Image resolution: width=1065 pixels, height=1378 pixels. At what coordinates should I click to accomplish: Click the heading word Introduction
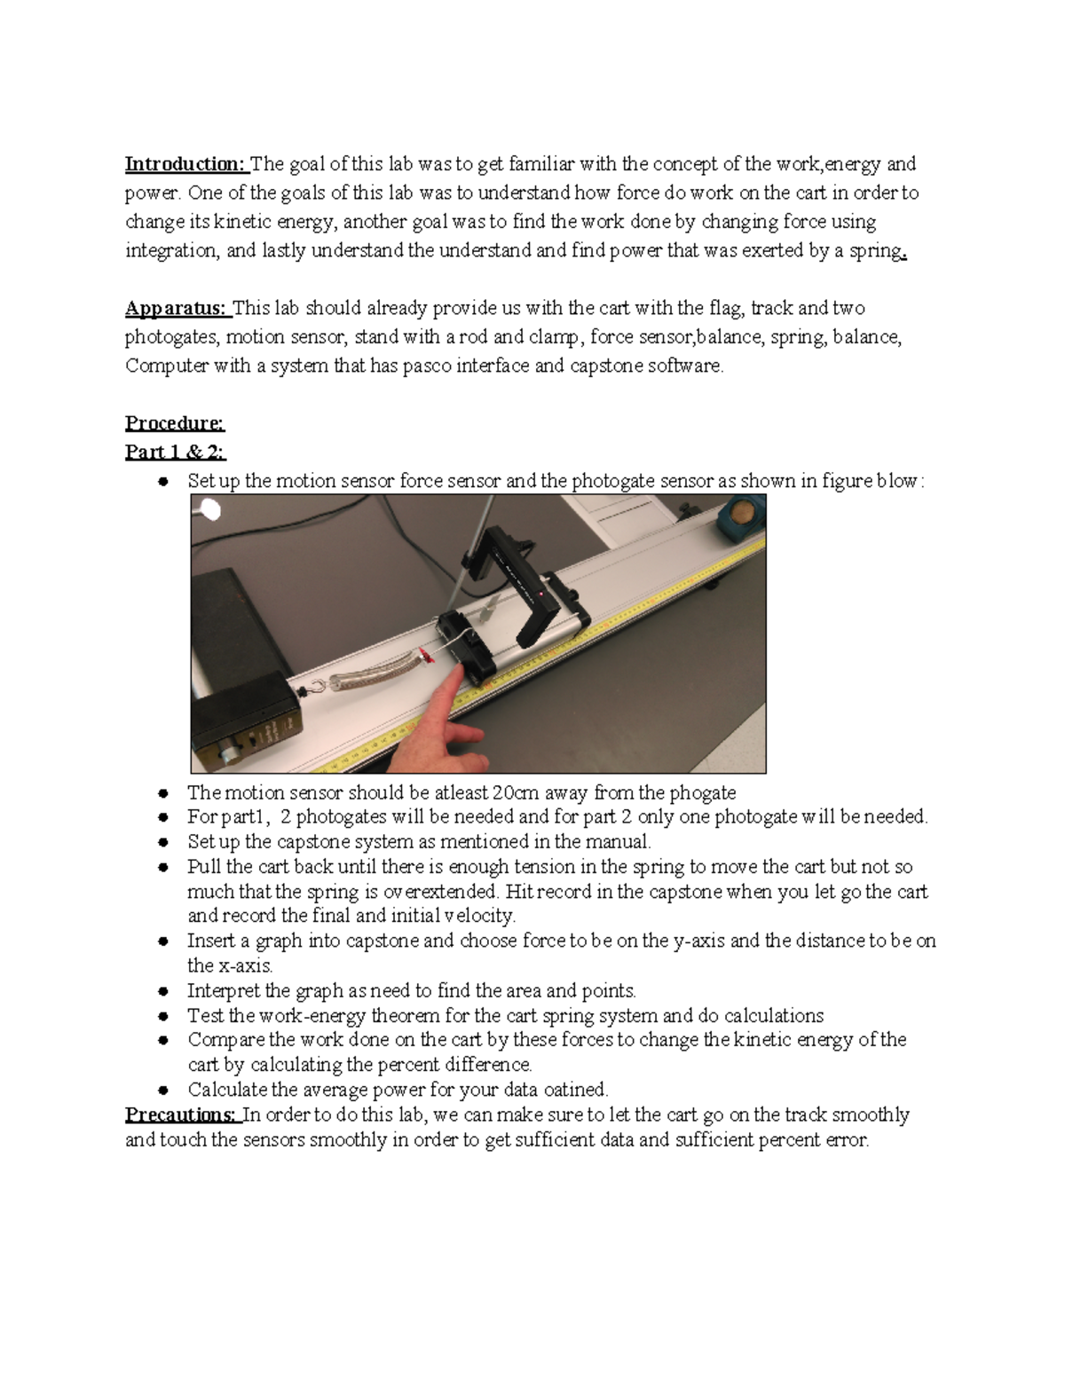pos(184,164)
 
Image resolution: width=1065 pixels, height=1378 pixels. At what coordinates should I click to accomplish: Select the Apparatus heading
pos(176,309)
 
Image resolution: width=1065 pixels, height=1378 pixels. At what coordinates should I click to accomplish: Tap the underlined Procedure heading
pos(175,423)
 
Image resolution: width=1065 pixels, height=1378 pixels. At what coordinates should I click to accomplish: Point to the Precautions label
pos(181,1115)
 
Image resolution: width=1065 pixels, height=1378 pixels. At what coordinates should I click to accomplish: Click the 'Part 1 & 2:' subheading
pos(175,452)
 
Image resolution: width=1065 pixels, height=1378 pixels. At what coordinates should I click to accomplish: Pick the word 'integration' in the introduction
pos(170,251)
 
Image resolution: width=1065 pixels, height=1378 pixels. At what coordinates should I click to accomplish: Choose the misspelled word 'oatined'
pos(574,1090)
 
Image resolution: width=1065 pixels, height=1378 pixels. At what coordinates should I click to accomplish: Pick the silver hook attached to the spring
pos(313,686)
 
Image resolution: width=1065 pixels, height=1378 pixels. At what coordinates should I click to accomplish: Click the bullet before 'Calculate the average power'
pos(163,1090)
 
